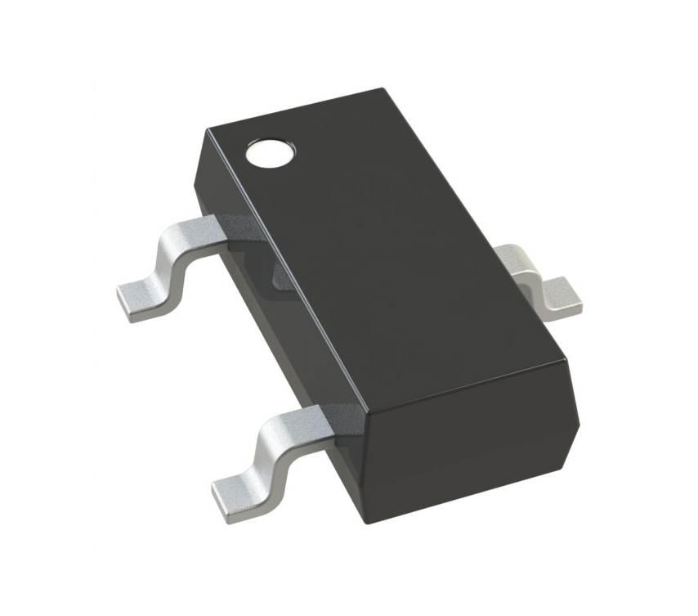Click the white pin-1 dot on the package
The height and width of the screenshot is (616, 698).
270,151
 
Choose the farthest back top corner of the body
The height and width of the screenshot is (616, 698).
381,90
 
